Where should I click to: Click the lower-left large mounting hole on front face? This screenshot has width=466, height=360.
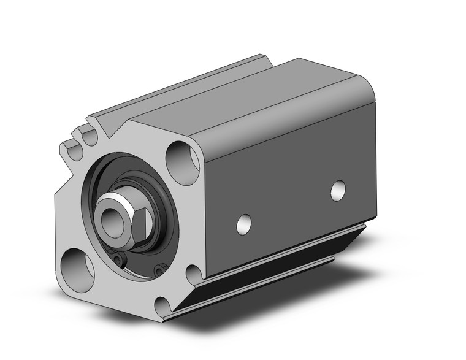[x=78, y=264]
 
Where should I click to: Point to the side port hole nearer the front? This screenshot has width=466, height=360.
[x=244, y=223]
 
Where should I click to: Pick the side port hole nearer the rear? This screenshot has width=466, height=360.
[x=337, y=190]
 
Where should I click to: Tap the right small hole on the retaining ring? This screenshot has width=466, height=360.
[x=160, y=269]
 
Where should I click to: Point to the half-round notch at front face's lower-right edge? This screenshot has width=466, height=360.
[x=193, y=274]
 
